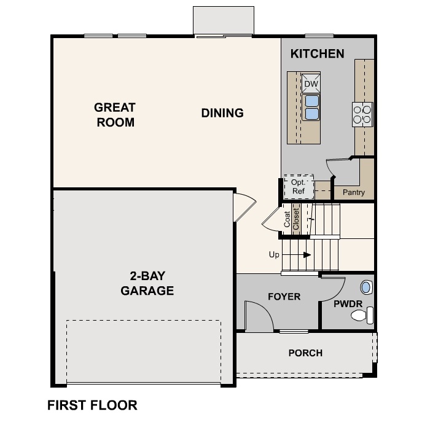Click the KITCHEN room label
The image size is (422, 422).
317,54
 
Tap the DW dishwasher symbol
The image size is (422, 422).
311,84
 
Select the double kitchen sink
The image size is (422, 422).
311,107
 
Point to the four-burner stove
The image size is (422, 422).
362,114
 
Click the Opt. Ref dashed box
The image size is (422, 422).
299,187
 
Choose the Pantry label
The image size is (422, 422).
353,193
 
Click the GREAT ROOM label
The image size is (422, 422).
115,115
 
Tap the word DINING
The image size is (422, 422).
222,113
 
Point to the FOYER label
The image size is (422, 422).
284,297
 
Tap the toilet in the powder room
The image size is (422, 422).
360,316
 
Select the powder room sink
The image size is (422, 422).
366,286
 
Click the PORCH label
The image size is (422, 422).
305,353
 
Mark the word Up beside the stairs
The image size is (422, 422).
275,254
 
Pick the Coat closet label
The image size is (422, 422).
287,220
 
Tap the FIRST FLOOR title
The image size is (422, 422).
92,405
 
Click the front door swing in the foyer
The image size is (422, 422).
259,315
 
